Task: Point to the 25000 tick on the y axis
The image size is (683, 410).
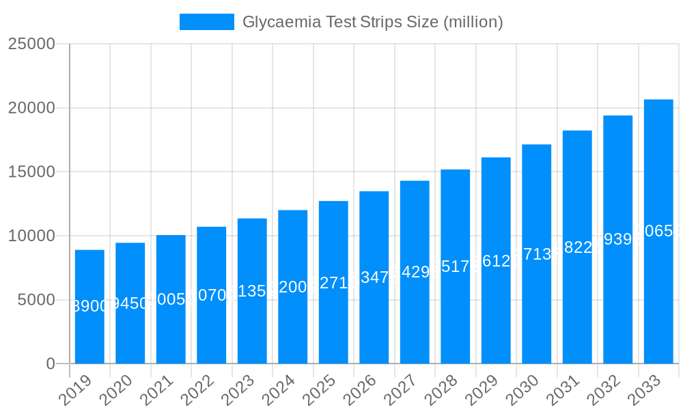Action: [x=31, y=44]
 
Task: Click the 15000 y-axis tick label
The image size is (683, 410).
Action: [x=31, y=172]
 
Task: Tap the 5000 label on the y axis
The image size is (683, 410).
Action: [x=36, y=300]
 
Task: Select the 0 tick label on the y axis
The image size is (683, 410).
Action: [x=51, y=364]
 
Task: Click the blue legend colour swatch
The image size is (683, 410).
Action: [x=206, y=22]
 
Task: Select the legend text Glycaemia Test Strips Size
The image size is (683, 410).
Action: [x=372, y=22]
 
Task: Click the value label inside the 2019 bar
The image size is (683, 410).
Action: [x=89, y=306]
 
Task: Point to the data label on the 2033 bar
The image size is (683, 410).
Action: [x=658, y=231]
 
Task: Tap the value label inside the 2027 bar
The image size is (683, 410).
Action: [x=415, y=272]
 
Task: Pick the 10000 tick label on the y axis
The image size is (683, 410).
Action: [x=31, y=236]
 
